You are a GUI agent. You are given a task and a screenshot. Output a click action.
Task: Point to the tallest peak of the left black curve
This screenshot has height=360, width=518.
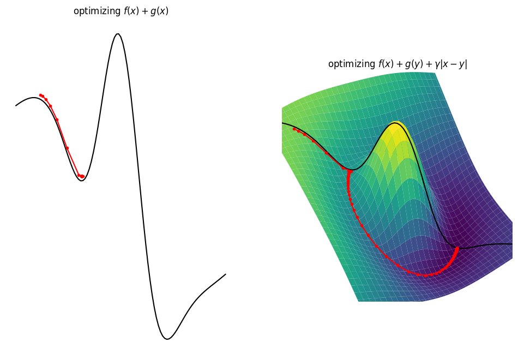(x=117, y=34)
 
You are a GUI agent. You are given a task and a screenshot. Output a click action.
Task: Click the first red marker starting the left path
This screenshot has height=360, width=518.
(x=40, y=95)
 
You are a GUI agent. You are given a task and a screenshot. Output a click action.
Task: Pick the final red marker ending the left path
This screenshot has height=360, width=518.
(x=82, y=176)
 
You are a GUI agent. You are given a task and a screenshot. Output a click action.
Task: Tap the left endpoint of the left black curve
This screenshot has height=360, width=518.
(x=16, y=105)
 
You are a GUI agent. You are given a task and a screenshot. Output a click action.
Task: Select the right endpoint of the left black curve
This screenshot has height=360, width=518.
(x=225, y=274)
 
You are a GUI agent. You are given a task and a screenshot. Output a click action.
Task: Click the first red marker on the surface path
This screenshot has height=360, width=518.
(x=294, y=129)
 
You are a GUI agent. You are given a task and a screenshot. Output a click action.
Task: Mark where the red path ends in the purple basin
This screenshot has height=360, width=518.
(x=457, y=249)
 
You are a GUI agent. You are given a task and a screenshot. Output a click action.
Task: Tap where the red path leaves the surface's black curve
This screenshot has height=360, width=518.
(x=348, y=170)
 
